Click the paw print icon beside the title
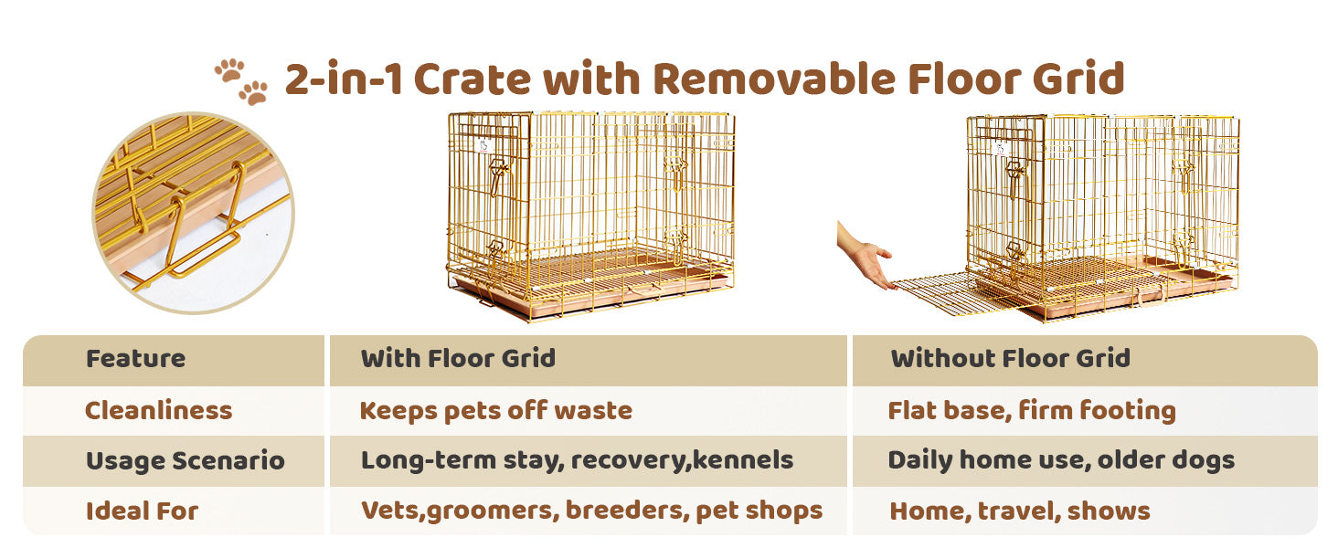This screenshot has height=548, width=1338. point(241,81)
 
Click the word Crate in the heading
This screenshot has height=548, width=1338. point(472,79)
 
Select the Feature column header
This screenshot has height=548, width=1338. point(135,359)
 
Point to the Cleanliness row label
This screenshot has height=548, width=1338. point(158,411)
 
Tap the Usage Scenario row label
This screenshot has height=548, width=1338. point(186,461)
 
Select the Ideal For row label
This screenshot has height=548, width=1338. point(143,511)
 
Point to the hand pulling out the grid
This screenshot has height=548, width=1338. point(866,257)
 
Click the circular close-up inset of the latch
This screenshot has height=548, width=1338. point(193,213)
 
